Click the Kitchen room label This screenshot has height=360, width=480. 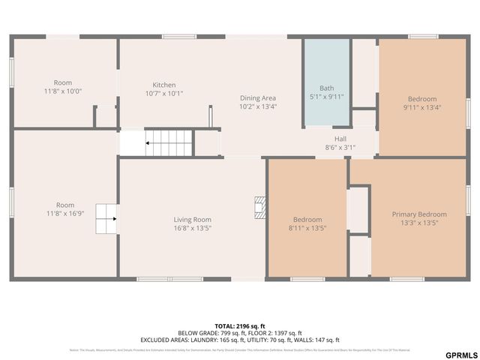164,85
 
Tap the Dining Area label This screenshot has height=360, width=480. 258,97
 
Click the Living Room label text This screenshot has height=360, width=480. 193,220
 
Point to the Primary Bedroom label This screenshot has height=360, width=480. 419,214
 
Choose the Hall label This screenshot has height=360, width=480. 340,139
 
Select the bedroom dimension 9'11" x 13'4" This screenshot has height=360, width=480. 422,107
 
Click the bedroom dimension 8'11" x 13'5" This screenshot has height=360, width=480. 307,228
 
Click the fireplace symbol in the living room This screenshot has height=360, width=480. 259,207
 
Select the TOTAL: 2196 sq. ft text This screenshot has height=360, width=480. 240,326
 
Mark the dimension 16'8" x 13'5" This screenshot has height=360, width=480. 193,228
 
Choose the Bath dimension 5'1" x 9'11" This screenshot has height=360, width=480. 326,97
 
